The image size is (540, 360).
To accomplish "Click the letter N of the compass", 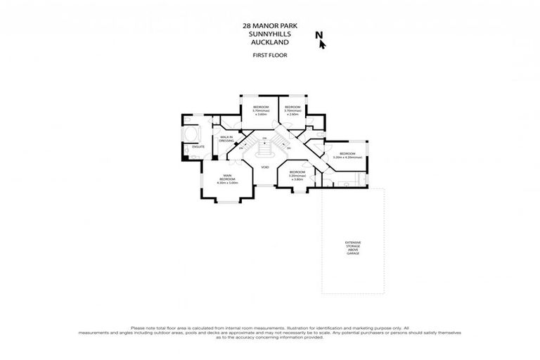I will coord(319,35).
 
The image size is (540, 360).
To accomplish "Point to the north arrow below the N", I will coord(323,45).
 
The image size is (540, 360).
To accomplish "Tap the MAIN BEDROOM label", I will coord(227,177).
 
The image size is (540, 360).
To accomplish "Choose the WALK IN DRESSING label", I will coord(226,139).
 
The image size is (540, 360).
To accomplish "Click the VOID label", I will coord(265,167).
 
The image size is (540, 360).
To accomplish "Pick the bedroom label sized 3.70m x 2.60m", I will coord(292,107).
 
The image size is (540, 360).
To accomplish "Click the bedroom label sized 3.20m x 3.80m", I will coord(297,172).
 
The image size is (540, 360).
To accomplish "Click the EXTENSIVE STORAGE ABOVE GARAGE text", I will coord(352,247).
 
